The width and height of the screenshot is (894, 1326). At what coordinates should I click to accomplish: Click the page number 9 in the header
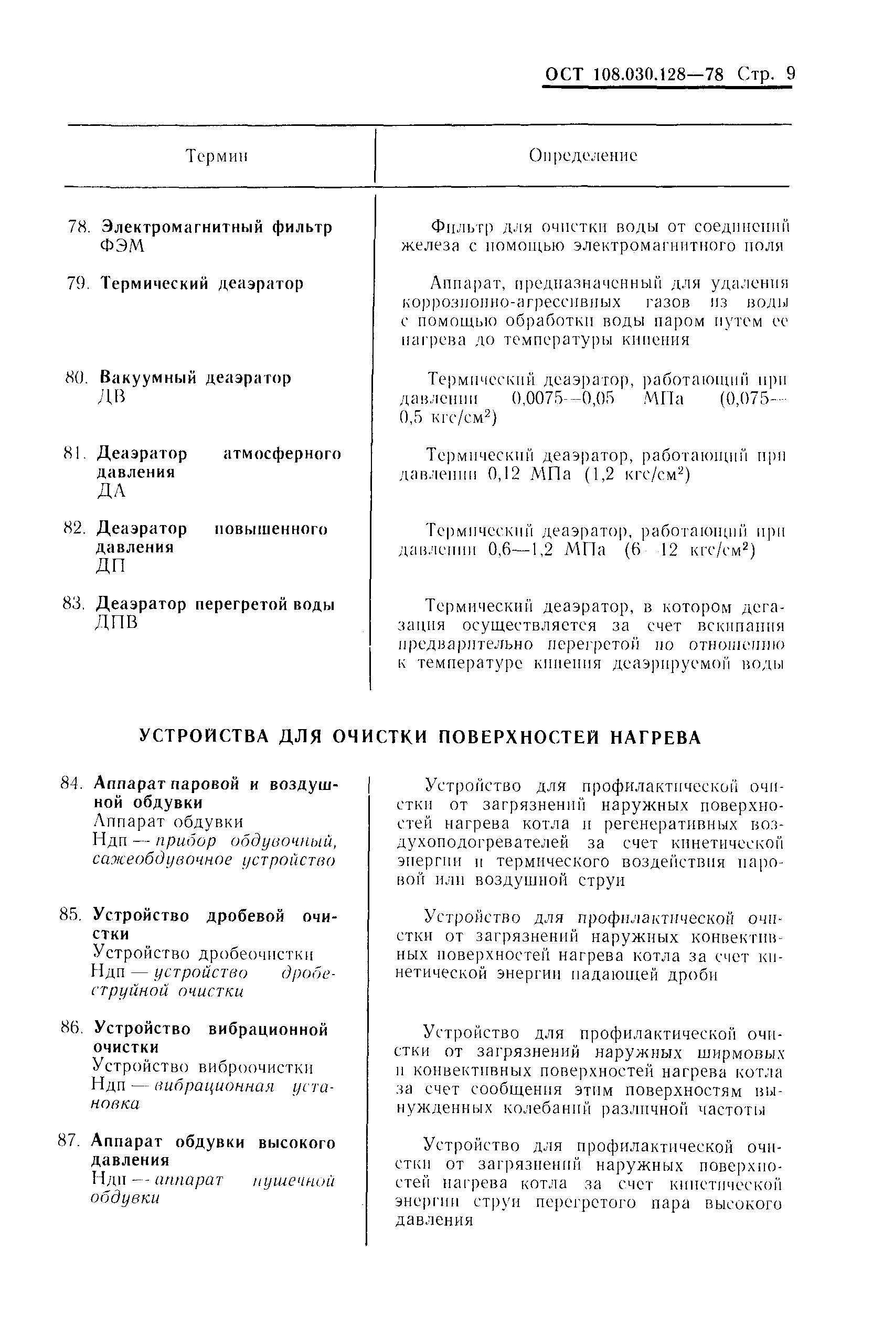[790, 74]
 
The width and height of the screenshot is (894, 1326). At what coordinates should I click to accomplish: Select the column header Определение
[583, 156]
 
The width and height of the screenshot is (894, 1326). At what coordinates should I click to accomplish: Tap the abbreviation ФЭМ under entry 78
[122, 247]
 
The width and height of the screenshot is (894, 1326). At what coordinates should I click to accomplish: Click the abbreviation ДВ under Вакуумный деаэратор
[111, 396]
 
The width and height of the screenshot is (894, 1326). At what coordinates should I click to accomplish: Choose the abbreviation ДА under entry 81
[111, 490]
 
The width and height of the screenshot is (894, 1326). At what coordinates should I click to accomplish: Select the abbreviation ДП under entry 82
[110, 565]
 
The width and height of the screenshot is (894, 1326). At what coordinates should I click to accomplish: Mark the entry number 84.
[72, 783]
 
